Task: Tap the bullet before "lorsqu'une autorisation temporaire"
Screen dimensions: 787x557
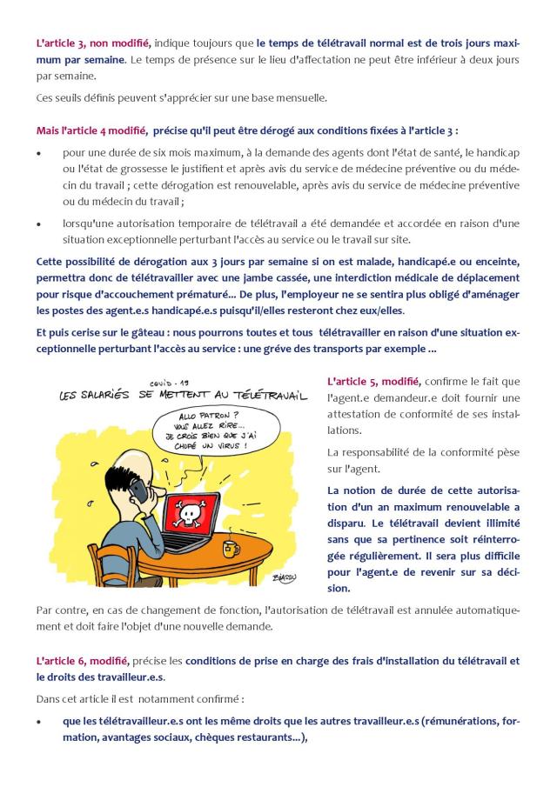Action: [39, 223]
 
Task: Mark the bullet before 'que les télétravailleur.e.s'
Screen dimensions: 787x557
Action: [39, 722]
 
